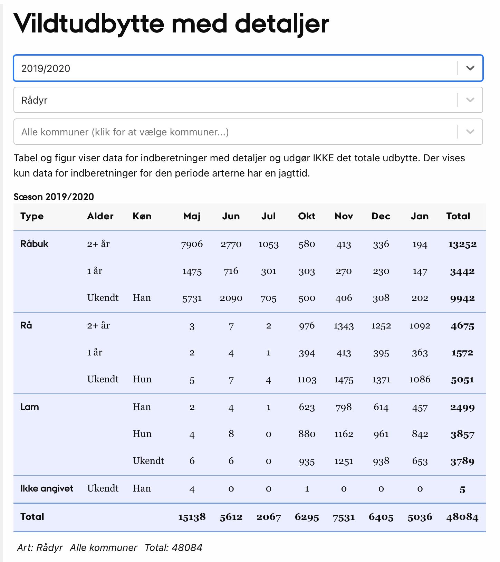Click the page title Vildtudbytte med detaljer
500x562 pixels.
[171, 24]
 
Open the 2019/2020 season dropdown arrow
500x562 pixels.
[470, 68]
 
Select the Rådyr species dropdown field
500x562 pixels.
[235, 100]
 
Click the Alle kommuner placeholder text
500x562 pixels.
[125, 132]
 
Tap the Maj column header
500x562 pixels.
[192, 216]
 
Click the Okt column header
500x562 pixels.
[307, 216]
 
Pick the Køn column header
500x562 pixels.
[142, 216]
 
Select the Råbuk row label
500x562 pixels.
[35, 244]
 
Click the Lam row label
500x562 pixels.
[30, 407]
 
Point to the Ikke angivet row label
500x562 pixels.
[47, 488]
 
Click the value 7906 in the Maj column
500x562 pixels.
[192, 245]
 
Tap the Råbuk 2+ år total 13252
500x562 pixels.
[462, 245]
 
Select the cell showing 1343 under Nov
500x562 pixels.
[344, 326]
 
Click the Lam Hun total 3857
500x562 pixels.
[462, 435]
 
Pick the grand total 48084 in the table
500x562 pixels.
[462, 517]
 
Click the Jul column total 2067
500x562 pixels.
[269, 517]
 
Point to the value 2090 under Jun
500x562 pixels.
[231, 298]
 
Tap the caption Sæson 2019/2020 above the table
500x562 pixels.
[54, 197]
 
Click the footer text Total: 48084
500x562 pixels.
[173, 547]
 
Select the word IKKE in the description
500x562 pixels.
[323, 158]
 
